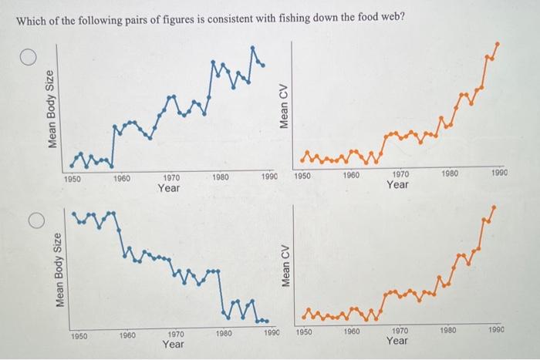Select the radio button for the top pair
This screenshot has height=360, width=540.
(29, 59)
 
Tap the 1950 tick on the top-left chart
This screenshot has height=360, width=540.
(73, 178)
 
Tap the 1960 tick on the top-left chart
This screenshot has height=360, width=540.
(121, 178)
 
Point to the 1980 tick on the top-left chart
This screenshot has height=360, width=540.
(221, 177)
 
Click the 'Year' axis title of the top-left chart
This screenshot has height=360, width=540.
(169, 187)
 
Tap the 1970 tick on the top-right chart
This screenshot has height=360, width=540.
(399, 175)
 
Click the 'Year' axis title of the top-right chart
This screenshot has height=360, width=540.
(398, 185)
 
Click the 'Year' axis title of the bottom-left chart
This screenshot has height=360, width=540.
(174, 345)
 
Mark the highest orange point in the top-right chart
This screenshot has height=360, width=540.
(496, 44)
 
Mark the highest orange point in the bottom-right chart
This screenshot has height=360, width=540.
(494, 207)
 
